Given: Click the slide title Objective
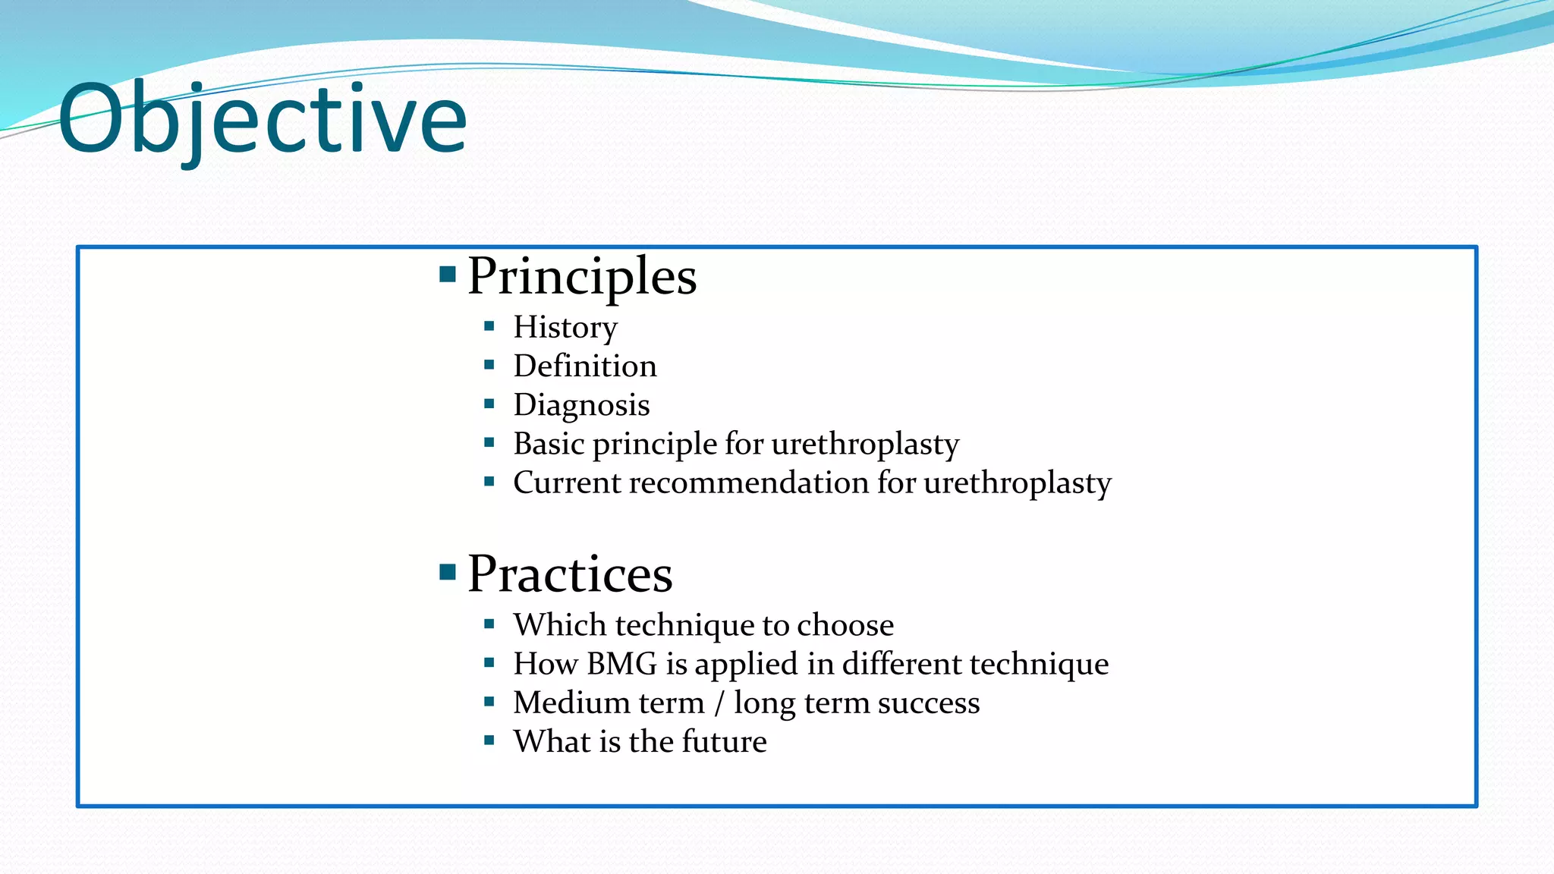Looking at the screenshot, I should (x=262, y=120).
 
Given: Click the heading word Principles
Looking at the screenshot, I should (x=582, y=276).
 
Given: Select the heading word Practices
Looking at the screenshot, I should (x=570, y=574).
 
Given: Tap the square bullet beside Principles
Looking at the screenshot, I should (x=448, y=274).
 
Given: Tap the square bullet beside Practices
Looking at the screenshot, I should (x=448, y=571).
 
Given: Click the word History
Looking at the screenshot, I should (x=565, y=328).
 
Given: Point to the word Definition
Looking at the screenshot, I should (x=585, y=366).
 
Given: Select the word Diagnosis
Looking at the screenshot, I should (x=581, y=405).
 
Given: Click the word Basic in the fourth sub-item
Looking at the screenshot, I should (x=549, y=444).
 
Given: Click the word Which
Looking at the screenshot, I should (x=559, y=625).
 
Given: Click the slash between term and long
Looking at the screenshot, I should (x=719, y=703).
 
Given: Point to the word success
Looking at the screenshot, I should (x=929, y=703).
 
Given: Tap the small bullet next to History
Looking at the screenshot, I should (x=489, y=326).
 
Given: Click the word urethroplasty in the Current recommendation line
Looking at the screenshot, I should (x=1017, y=483).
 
